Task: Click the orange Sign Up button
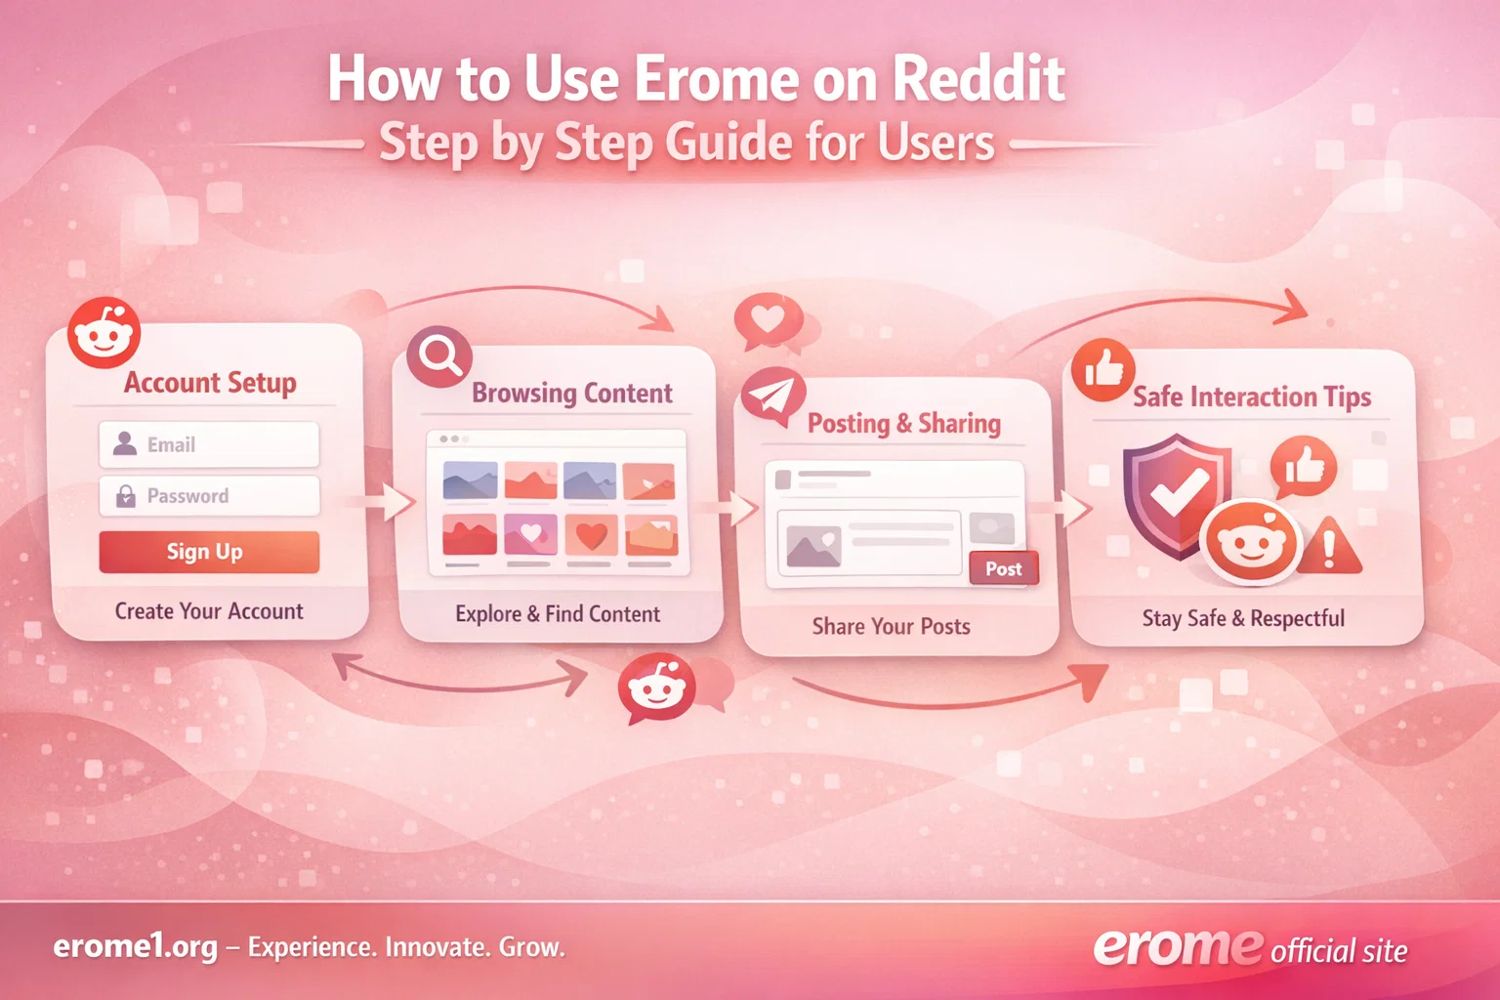coord(209,552)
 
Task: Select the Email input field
coord(209,444)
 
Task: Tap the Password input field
coord(209,496)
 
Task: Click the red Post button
coord(1003,568)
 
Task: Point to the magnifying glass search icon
coord(439,355)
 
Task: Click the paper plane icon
coord(771,396)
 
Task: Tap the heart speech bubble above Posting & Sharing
coord(768,319)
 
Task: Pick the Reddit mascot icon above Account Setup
coord(104,334)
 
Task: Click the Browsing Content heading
coord(571,394)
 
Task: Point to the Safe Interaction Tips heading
coord(1251,396)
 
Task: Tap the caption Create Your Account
coord(209,611)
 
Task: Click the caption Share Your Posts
coord(891,626)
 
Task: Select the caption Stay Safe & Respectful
coord(1243,618)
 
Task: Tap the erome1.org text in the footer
coord(135,946)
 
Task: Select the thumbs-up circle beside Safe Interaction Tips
coord(1103,370)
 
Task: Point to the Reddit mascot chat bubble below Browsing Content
coord(657,688)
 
